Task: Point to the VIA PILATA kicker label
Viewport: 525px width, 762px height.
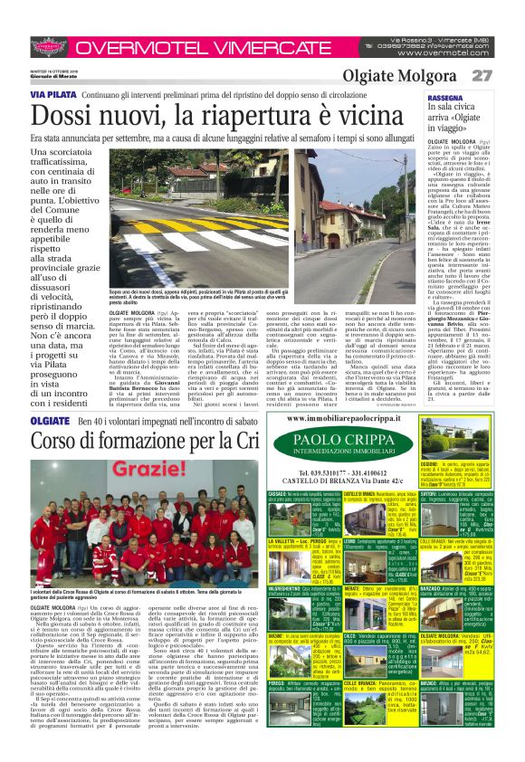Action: tap(53, 94)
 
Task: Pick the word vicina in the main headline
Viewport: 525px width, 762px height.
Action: tap(372, 116)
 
